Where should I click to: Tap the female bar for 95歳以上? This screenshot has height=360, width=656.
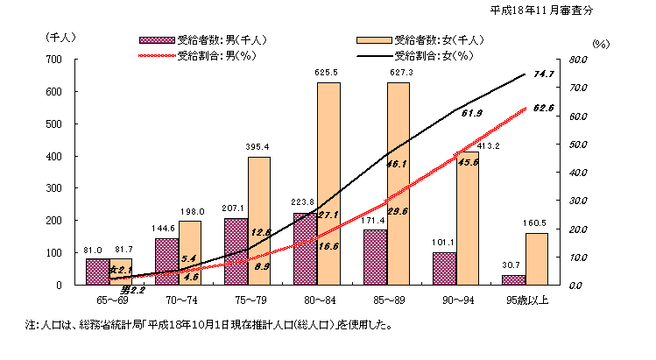pos(537,258)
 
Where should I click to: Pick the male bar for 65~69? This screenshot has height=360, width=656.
pos(97,272)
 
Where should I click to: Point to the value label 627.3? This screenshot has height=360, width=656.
pos(398,73)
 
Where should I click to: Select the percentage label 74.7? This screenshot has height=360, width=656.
pos(544,74)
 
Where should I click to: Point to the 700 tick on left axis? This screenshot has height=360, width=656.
pos(53,60)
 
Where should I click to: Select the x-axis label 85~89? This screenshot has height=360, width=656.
pos(397,300)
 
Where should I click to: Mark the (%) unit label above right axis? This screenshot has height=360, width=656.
pos(600,42)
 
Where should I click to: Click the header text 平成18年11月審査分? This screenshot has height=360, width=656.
pos(540,11)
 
